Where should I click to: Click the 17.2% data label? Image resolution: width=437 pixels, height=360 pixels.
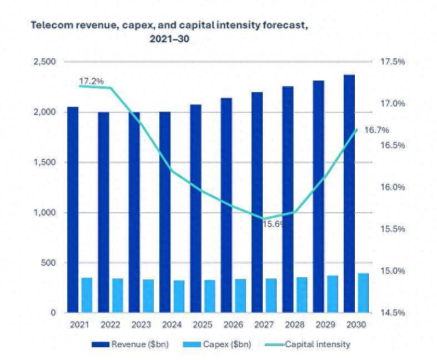click(x=91, y=81)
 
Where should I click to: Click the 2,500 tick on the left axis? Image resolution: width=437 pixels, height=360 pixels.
click(x=44, y=62)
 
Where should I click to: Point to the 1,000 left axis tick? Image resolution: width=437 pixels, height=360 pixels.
click(x=44, y=213)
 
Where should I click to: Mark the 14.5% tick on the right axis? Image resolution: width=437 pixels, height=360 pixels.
click(x=392, y=313)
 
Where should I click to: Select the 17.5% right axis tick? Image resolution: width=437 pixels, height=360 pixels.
click(x=392, y=62)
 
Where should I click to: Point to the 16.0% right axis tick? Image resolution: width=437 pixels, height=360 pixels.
click(x=392, y=187)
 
